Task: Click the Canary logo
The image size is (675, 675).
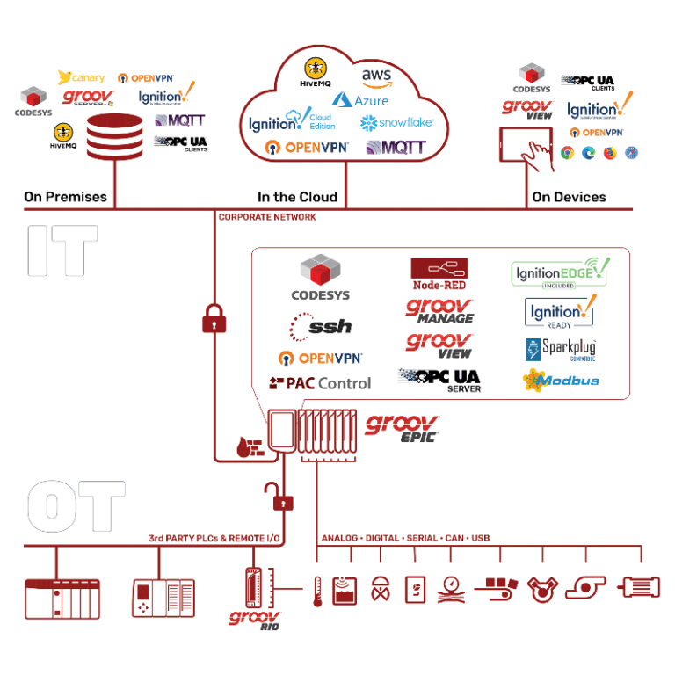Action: [82, 78]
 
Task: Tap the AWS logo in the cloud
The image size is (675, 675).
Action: [377, 77]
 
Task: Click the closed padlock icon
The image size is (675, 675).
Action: [214, 317]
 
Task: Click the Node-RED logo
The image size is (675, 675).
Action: [439, 274]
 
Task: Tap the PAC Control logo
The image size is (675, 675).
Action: [320, 383]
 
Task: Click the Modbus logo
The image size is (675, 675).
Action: [562, 381]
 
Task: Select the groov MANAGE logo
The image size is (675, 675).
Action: [439, 311]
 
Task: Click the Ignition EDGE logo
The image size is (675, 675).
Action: [561, 274]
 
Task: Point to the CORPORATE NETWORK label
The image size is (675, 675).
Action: [267, 217]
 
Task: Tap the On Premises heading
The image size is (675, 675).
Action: [65, 197]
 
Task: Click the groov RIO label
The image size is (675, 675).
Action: [255, 620]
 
